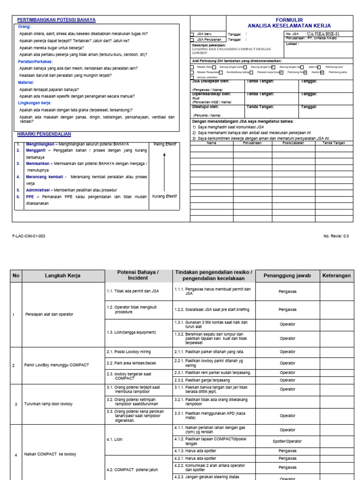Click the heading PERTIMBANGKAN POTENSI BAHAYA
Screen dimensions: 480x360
[56, 20]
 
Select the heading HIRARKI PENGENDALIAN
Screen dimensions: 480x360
[44, 134]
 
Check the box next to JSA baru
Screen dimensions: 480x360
[191, 34]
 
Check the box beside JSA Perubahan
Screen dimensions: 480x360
[191, 40]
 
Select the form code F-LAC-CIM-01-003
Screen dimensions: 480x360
[29, 236]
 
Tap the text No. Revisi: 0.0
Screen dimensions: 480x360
[336, 236]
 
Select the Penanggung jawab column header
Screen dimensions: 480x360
[287, 276]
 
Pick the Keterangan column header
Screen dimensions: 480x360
[336, 276]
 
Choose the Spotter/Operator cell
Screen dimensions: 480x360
[287, 441]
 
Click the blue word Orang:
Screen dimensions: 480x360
[24, 27]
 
